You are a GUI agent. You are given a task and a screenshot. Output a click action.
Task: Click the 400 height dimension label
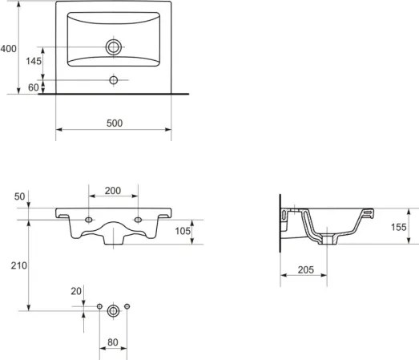(9, 49)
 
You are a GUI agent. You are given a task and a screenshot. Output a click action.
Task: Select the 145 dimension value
(33, 62)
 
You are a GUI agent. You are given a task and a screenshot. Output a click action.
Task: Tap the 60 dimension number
(33, 87)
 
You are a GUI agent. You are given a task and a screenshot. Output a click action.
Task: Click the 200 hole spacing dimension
(113, 191)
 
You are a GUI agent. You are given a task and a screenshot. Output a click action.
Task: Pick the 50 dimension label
(19, 196)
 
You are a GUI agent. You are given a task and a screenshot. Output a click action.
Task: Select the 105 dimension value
(183, 232)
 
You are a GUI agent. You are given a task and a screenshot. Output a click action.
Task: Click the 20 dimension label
(76, 292)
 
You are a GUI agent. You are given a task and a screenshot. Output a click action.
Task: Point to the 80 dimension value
(113, 342)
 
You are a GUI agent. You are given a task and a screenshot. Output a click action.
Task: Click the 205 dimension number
(302, 270)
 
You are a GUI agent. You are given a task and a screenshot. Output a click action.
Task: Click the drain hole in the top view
(114, 47)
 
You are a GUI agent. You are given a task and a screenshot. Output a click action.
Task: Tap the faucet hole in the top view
(114, 80)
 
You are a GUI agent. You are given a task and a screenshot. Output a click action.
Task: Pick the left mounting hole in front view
(88, 220)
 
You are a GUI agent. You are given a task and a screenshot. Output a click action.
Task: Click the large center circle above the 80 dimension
(113, 309)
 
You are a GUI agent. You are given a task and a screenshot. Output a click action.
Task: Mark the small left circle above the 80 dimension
(99, 308)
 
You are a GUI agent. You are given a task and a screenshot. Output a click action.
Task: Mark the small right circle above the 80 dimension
(127, 308)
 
